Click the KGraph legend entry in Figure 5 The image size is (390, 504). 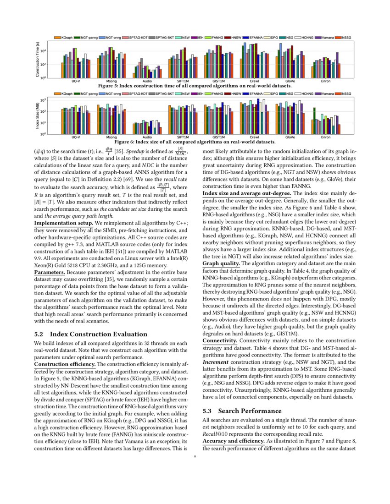(x=63, y=37)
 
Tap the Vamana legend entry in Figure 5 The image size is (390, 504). (x=323, y=37)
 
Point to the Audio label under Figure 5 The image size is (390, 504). (x=147, y=81)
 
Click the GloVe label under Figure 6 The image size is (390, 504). (x=290, y=137)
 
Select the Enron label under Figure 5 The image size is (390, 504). (x=326, y=81)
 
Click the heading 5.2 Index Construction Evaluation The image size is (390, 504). (x=91, y=334)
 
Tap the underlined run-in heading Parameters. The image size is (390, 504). (x=50, y=272)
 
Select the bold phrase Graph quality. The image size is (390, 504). (x=221, y=263)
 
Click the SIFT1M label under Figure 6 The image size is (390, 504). (x=183, y=137)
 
